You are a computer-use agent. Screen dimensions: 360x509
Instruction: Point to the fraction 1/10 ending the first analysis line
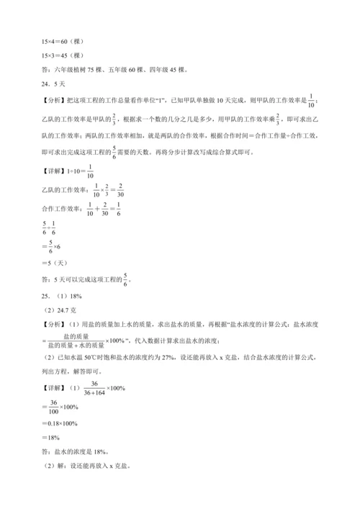pos(311,100)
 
